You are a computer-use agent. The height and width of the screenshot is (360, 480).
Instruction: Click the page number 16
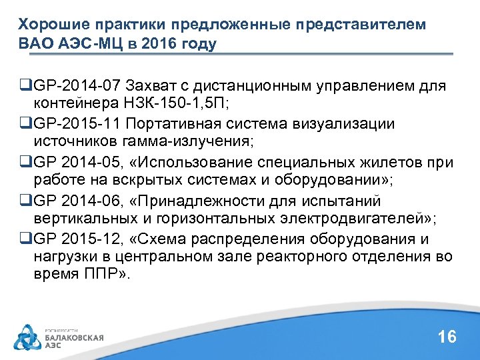[x=447, y=337]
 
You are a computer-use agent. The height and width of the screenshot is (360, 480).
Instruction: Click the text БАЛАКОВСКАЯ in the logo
[x=74, y=338]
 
